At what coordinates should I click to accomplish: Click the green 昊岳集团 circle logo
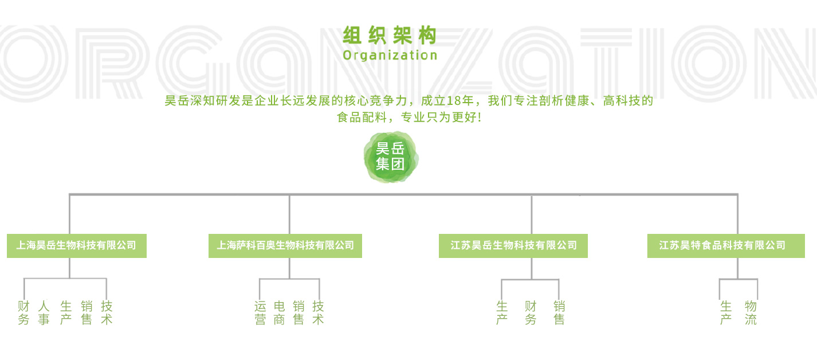pyautogui.click(x=391, y=157)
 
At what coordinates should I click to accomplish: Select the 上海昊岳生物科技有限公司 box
pyautogui.click(x=77, y=246)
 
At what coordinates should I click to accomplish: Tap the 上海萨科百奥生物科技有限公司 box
pyautogui.click(x=285, y=246)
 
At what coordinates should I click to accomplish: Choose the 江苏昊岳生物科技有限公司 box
pyautogui.click(x=513, y=246)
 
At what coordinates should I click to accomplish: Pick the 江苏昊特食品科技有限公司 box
pyautogui.click(x=726, y=246)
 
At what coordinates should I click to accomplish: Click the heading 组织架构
pyautogui.click(x=390, y=36)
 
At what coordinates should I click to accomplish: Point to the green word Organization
pyautogui.click(x=390, y=55)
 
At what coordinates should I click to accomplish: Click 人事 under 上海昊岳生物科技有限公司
pyautogui.click(x=44, y=312)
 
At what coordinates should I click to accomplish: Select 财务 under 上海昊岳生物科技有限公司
pyautogui.click(x=23, y=312)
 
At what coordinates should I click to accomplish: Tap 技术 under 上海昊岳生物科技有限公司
pyautogui.click(x=107, y=312)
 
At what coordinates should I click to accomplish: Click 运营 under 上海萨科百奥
pyautogui.click(x=260, y=312)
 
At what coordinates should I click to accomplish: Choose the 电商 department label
pyautogui.click(x=280, y=312)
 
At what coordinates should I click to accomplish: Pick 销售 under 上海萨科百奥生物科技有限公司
pyautogui.click(x=298, y=312)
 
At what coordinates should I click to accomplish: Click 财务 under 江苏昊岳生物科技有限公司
pyautogui.click(x=531, y=312)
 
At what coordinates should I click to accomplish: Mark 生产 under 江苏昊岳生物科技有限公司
pyautogui.click(x=502, y=312)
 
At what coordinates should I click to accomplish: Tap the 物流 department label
pyautogui.click(x=751, y=312)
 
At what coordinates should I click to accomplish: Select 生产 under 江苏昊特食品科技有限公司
pyautogui.click(x=726, y=312)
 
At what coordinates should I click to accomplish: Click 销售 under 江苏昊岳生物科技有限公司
pyautogui.click(x=559, y=312)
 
